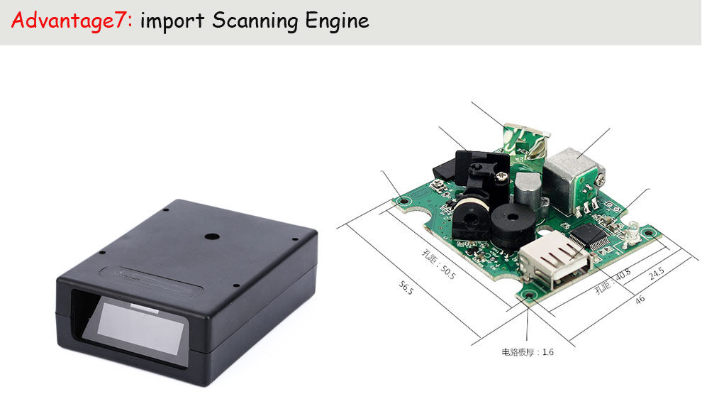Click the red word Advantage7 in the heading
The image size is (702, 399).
(72, 20)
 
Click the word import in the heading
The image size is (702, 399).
(172, 20)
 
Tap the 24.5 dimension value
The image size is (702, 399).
(657, 273)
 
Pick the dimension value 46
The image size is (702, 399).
(640, 300)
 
